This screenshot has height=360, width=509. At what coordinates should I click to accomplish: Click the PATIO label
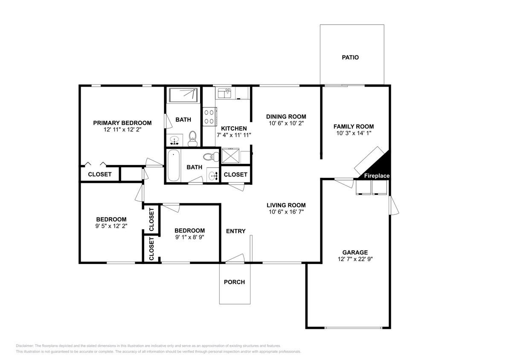pyautogui.click(x=350, y=57)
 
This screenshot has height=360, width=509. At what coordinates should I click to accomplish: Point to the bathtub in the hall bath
pyautogui.click(x=173, y=165)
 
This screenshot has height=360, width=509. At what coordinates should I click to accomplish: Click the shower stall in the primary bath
pyautogui.click(x=183, y=95)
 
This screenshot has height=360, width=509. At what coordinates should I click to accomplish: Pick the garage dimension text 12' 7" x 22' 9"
pyautogui.click(x=352, y=259)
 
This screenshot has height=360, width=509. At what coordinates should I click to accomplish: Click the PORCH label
pyautogui.click(x=234, y=282)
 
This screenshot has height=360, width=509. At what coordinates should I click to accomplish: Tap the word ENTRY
pyautogui.click(x=236, y=231)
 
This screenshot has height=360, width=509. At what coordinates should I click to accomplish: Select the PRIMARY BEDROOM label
pyautogui.click(x=122, y=123)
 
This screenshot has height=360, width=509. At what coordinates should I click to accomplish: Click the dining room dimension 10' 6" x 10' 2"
pyautogui.click(x=286, y=123)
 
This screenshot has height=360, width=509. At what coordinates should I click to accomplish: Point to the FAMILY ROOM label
pyautogui.click(x=353, y=126)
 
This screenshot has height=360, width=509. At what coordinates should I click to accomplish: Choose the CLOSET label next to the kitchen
pyautogui.click(x=235, y=174)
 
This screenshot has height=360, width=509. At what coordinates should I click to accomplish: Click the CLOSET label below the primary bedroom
pyautogui.click(x=99, y=174)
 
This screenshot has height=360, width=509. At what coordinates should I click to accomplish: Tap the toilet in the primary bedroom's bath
pyautogui.click(x=192, y=136)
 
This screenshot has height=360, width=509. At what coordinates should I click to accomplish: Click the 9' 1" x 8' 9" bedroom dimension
pyautogui.click(x=189, y=237)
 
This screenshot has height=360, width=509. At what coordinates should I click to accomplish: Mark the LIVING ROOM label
pyautogui.click(x=286, y=205)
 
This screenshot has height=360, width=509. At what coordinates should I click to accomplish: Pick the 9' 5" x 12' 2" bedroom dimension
pyautogui.click(x=111, y=226)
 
